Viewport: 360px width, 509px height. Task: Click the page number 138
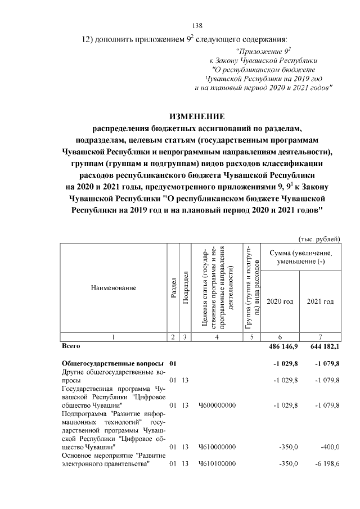[197, 25]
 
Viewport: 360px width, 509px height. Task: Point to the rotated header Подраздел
[184, 287]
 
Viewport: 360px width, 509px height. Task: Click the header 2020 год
[280, 301]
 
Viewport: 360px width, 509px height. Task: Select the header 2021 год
[320, 301]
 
